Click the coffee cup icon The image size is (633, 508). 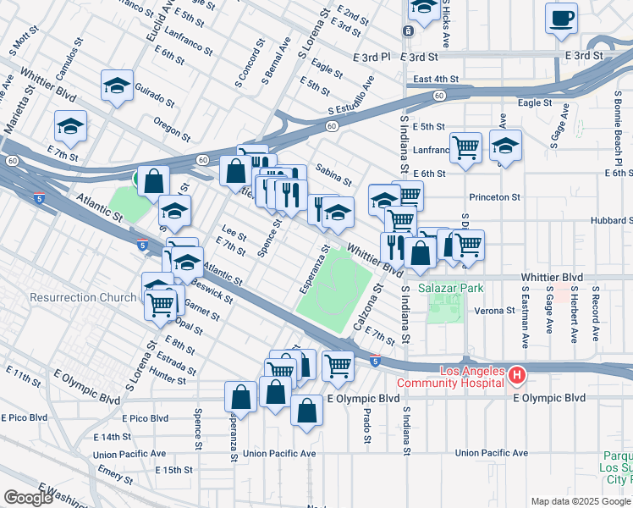[x=561, y=18]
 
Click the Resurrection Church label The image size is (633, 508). [x=83, y=297]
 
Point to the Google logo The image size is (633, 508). [x=28, y=498]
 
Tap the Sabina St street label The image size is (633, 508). [x=333, y=175]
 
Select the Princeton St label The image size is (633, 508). [x=497, y=197]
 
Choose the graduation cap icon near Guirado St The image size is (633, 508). [x=118, y=86]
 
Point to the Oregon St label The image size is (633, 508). [x=173, y=130]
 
